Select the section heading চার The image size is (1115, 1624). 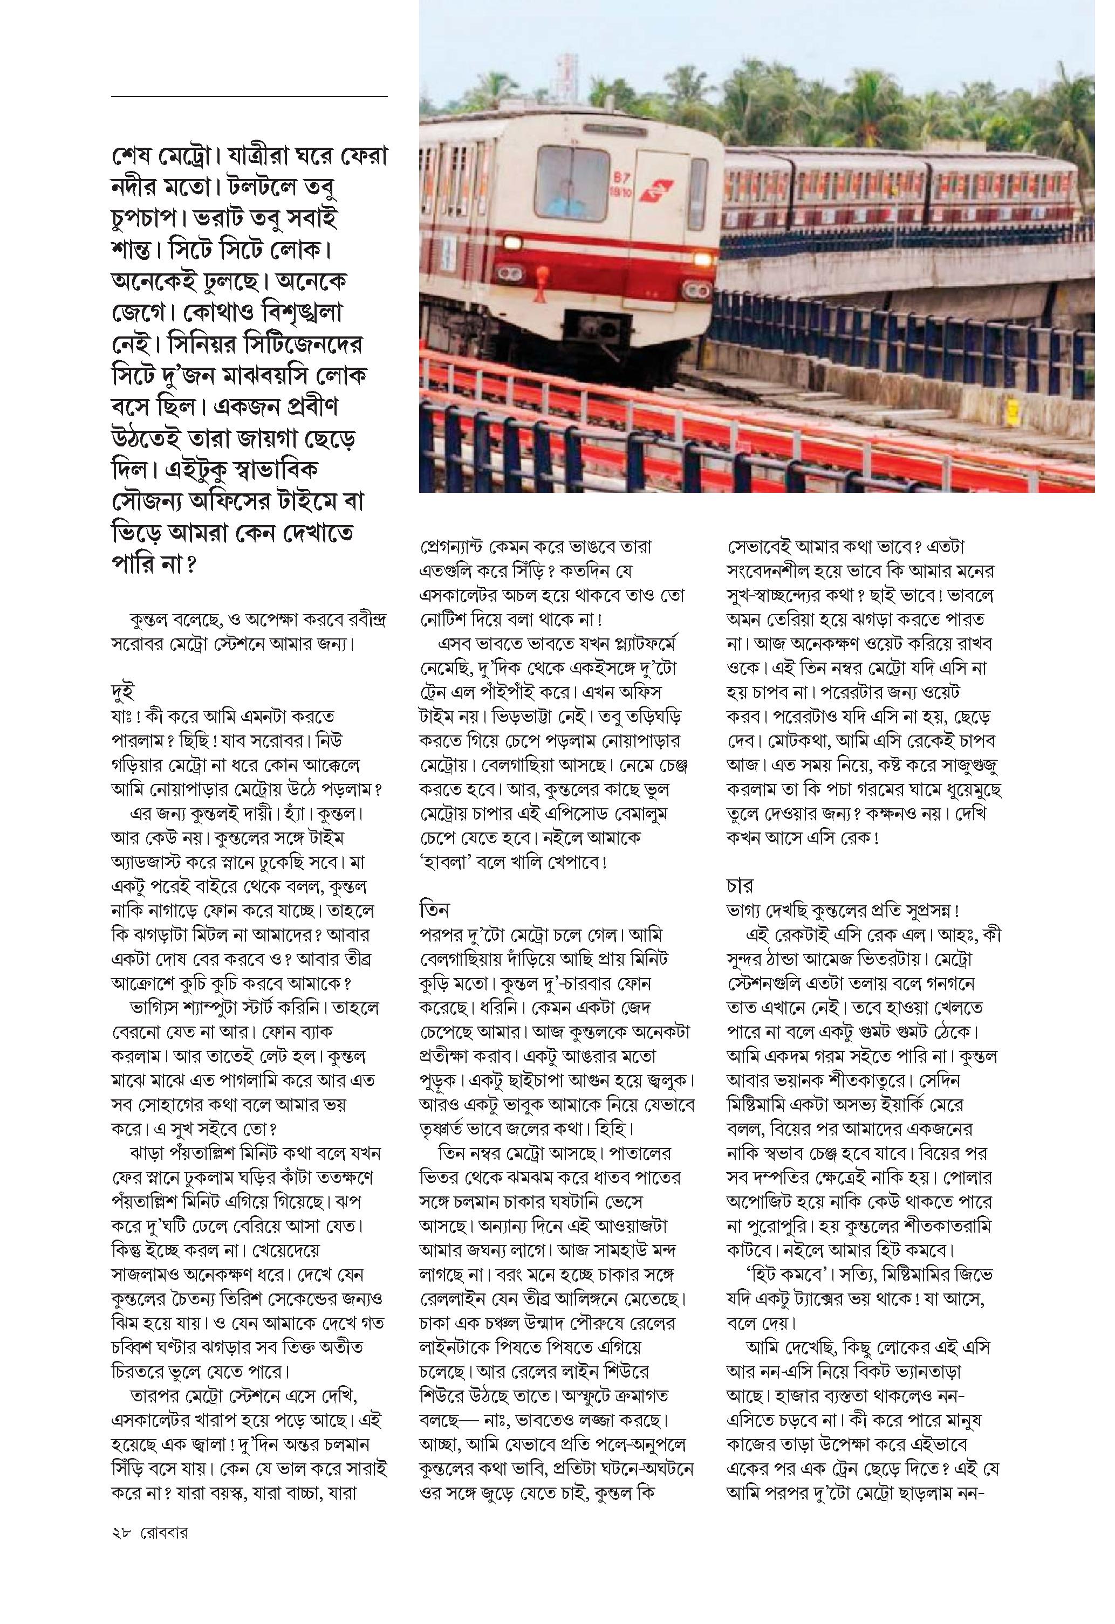[x=740, y=886]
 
